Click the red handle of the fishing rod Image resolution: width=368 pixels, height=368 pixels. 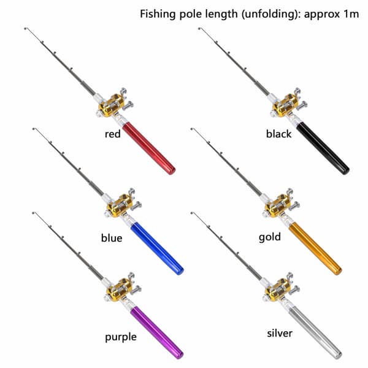pos(149,148)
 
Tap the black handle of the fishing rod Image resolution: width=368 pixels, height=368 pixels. pos(323,148)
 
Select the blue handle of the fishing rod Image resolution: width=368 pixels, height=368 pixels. pos(157,248)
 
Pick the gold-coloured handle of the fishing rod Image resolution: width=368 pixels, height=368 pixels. pos(315,248)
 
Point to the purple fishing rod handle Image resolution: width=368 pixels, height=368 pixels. pos(157,332)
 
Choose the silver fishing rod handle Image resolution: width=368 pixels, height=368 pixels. pos(315,332)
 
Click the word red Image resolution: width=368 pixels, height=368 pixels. pos(113,134)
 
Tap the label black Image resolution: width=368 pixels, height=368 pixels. pos(278,134)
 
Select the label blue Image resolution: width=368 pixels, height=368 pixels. pos(112,238)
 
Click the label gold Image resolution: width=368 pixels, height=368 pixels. pos(270,237)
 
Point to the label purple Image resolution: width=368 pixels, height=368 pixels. pos(121,337)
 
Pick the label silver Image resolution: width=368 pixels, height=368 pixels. pos(280,333)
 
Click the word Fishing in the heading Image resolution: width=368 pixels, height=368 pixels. pos(158,14)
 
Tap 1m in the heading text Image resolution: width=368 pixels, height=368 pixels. pos(351,14)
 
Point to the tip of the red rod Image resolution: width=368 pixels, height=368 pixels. pos(25,28)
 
